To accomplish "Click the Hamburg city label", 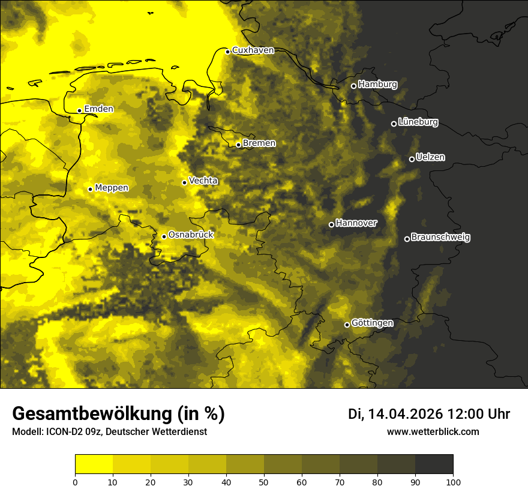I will [x=377, y=85].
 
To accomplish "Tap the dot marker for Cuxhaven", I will [x=228, y=52].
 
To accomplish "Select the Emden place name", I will [x=98, y=109].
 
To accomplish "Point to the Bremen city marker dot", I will [x=238, y=145].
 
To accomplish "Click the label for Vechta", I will [x=203, y=181].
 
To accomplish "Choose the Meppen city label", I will [x=111, y=188].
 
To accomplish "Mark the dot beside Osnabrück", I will [x=164, y=236].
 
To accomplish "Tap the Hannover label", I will [x=356, y=223].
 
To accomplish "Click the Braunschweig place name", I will [x=440, y=238].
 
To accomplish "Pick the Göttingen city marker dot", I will [x=347, y=325].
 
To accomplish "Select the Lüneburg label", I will [x=418, y=122].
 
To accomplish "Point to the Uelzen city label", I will [x=430, y=158].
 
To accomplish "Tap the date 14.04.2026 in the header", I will [x=405, y=414].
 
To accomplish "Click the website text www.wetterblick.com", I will [x=433, y=431].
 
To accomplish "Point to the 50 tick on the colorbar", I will [x=264, y=481].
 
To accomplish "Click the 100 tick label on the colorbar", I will [x=453, y=481].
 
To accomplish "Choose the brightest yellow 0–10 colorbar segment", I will [x=94, y=464].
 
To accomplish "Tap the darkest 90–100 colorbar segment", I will [x=434, y=464].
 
